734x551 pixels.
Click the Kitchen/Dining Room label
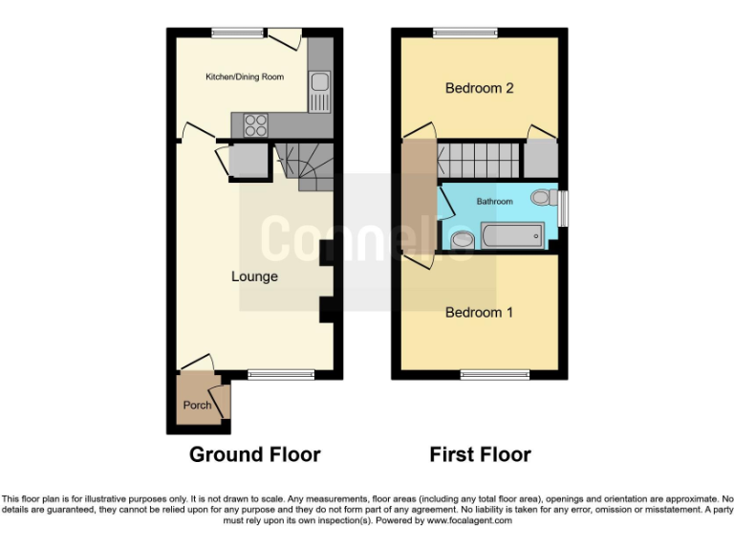click(x=245, y=77)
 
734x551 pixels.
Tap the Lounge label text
click(x=254, y=276)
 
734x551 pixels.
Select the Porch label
click(x=197, y=405)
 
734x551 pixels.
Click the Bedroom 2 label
click(x=480, y=88)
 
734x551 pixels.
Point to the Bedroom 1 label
click(x=480, y=312)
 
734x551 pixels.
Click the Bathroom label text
click(x=495, y=202)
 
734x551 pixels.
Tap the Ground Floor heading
click(x=254, y=454)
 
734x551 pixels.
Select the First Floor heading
click(x=480, y=454)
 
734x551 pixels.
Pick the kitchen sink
click(x=319, y=87)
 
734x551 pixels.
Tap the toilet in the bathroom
click(x=543, y=198)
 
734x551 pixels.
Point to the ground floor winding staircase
click(x=306, y=165)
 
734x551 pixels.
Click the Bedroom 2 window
click(x=465, y=33)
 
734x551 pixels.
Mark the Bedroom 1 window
click(x=495, y=375)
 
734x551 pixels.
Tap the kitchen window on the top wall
click(x=238, y=33)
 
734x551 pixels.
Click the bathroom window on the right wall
click(x=564, y=209)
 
